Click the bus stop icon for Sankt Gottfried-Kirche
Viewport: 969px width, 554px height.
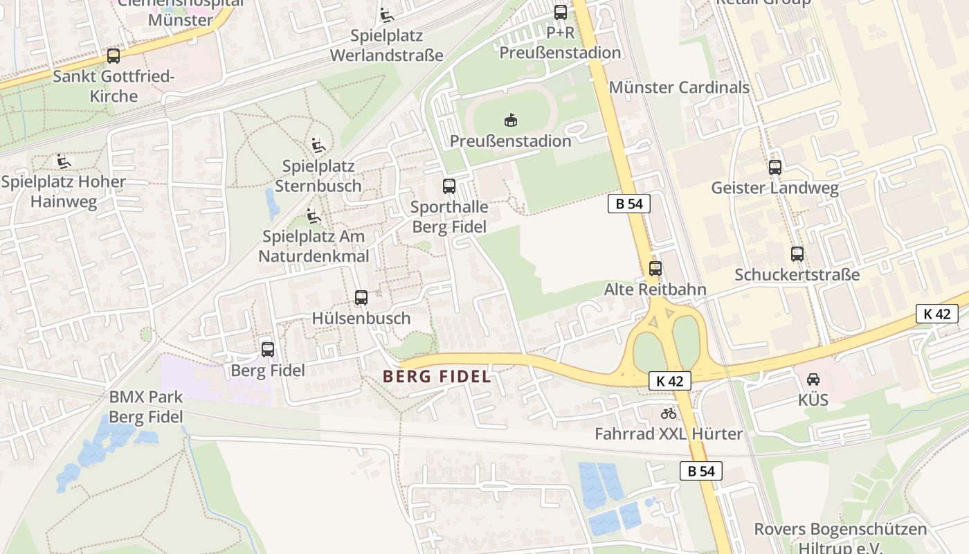click(113, 56)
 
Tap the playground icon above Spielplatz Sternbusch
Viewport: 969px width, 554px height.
click(318, 145)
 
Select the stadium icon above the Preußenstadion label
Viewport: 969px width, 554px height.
click(511, 120)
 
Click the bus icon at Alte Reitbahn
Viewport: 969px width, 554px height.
click(655, 269)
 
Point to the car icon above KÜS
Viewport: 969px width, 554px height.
click(813, 379)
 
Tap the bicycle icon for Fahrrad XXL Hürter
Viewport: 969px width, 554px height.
click(668, 413)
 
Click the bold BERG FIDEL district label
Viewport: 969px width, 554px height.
click(437, 377)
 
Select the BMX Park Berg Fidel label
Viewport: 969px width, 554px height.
click(146, 407)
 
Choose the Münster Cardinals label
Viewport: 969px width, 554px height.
click(679, 87)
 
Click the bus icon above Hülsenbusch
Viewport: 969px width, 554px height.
click(361, 298)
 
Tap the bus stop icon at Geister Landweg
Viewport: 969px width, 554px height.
click(775, 167)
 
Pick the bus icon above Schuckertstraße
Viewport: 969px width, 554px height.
click(797, 254)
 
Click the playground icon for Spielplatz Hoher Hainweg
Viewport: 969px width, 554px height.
click(64, 161)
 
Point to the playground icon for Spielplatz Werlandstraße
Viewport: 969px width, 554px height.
click(386, 15)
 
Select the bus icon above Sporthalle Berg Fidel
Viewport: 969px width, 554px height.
click(449, 186)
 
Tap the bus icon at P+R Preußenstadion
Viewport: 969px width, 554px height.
click(560, 12)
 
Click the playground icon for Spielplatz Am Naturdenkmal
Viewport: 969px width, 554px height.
click(314, 215)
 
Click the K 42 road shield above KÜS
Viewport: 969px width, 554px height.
click(936, 314)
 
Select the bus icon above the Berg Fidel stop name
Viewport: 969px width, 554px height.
click(268, 350)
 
